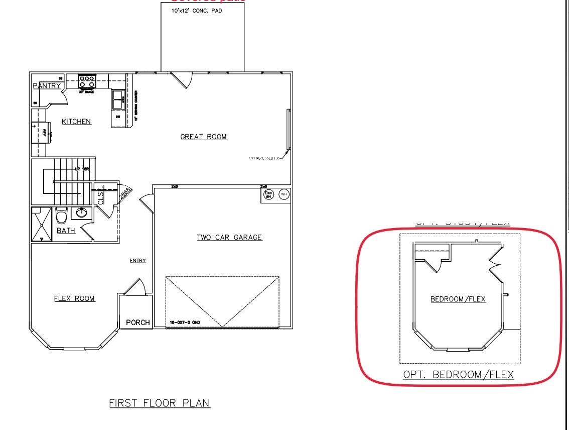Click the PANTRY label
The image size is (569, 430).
pyautogui.click(x=47, y=86)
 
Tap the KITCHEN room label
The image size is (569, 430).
pyautogui.click(x=76, y=121)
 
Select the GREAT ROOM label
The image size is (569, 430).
pyautogui.click(x=204, y=137)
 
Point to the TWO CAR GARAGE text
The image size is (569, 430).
pyautogui.click(x=229, y=237)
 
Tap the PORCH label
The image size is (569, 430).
pyautogui.click(x=137, y=322)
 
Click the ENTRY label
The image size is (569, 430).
pyautogui.click(x=138, y=260)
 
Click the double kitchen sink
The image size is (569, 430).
pyautogui.click(x=117, y=99)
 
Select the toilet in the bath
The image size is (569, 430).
pyautogui.click(x=62, y=216)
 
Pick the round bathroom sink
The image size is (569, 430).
pyautogui.click(x=80, y=213)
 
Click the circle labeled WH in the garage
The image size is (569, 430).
pyautogui.click(x=283, y=194)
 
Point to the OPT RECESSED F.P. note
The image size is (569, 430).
pyautogui.click(x=264, y=158)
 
